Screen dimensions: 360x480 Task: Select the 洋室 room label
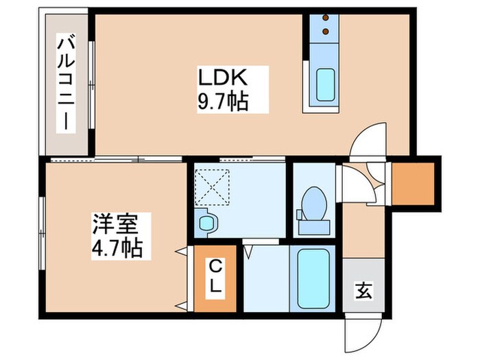tap(116, 224)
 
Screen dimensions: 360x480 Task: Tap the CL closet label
tap(215, 276)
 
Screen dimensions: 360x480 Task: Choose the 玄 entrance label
tap(363, 291)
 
